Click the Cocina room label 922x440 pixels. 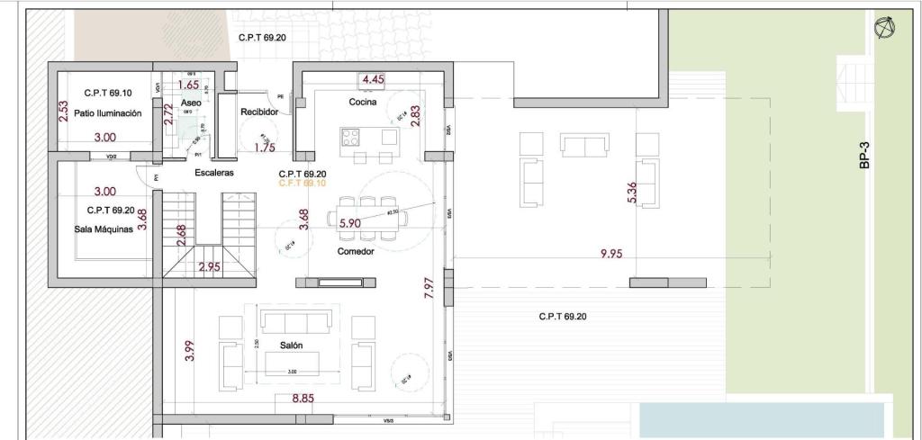(363, 103)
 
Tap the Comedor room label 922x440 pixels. (356, 251)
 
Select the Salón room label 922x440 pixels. (291, 346)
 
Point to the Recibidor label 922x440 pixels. (259, 112)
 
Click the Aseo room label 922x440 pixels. (191, 104)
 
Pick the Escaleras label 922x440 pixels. (214, 172)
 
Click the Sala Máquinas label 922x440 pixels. (104, 229)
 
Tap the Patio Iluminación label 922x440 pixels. (107, 113)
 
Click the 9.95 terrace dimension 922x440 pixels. (611, 254)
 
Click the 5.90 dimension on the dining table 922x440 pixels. (349, 222)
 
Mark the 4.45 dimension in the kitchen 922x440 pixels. (373, 79)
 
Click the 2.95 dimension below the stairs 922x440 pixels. (210, 267)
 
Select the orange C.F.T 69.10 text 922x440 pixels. (302, 183)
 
